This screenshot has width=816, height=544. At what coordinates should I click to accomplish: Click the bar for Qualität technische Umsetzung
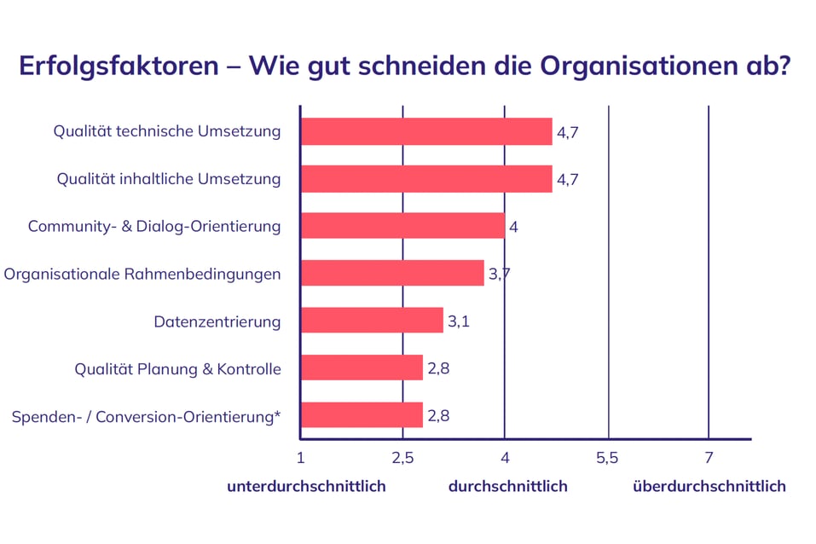(426, 132)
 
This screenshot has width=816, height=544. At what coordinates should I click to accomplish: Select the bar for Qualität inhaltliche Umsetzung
(426, 179)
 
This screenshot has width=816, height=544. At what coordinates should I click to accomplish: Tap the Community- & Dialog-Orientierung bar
(402, 226)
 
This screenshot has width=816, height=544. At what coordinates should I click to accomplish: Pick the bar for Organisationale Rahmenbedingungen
(392, 273)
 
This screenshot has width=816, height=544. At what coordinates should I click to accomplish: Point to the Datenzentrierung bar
(372, 321)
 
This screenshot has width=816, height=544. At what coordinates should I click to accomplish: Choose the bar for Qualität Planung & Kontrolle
(362, 367)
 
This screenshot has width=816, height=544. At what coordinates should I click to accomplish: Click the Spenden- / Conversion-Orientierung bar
(362, 414)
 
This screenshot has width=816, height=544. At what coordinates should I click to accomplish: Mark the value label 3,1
(459, 321)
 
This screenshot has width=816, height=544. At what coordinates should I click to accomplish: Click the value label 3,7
(499, 274)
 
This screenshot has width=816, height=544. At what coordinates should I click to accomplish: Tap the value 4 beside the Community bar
(513, 227)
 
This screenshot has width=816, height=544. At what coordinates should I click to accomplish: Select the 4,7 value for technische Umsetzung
(569, 132)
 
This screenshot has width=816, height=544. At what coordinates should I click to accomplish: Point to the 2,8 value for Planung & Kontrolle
(438, 368)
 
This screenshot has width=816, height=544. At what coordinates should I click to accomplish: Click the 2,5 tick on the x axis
(402, 459)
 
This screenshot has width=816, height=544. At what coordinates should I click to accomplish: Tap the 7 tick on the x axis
(709, 459)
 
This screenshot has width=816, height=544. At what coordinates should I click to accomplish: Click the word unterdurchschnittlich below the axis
(306, 486)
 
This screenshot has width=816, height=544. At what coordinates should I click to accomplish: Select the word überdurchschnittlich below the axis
(709, 486)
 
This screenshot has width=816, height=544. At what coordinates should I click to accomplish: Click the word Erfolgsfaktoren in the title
(119, 67)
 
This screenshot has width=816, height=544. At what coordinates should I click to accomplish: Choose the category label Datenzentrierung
(217, 321)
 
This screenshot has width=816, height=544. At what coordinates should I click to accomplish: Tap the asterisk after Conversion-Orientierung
(277, 414)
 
